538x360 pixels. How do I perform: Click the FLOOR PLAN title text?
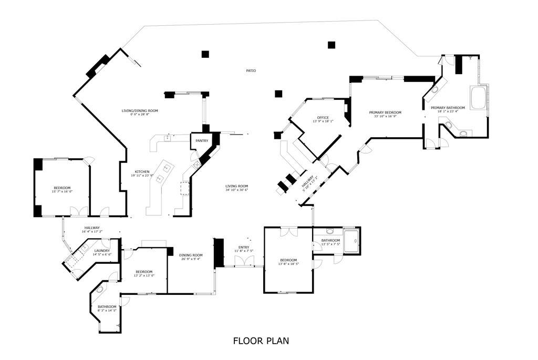(x=261, y=341)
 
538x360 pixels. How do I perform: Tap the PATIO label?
(x=251, y=70)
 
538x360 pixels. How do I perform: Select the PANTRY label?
(x=202, y=141)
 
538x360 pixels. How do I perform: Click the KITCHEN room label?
(x=142, y=172)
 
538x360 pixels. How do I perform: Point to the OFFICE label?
(x=323, y=117)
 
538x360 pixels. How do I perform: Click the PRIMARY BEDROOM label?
(x=385, y=112)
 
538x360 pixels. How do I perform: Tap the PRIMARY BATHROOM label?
(x=448, y=108)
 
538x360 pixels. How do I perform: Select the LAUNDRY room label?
(x=102, y=251)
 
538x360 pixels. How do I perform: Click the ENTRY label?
(x=244, y=247)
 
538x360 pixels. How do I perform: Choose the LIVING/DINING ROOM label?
(x=140, y=111)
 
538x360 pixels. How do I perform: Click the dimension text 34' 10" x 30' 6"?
(x=236, y=190)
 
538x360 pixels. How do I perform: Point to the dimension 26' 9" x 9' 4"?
(x=191, y=259)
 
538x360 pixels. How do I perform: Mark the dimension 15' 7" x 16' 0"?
(x=61, y=192)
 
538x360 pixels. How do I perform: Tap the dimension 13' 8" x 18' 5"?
(x=288, y=264)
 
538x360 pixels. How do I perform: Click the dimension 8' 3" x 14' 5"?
(x=107, y=311)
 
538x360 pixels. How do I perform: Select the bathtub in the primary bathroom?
(x=478, y=98)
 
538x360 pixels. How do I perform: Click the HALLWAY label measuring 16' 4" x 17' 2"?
(x=91, y=228)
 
